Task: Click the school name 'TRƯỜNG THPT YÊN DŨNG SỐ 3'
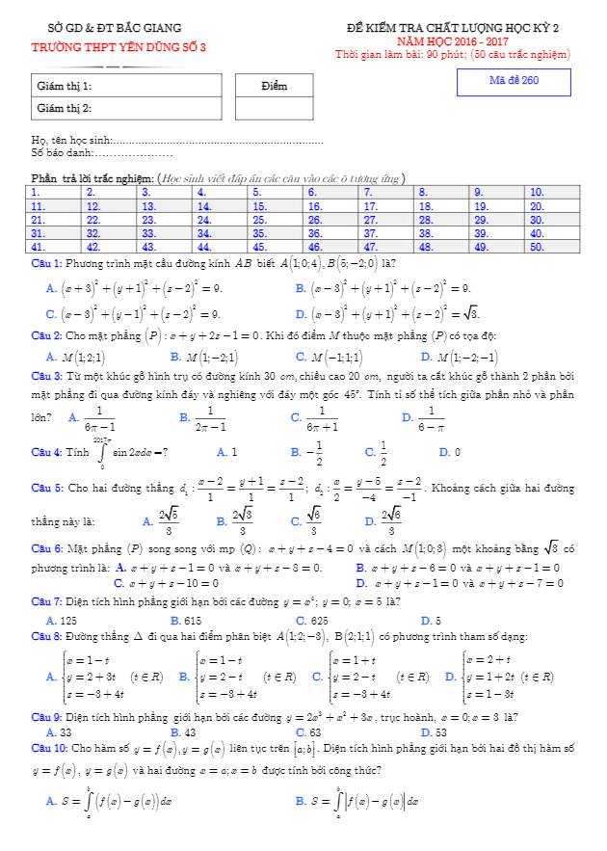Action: [x=119, y=47]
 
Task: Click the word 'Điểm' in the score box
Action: [x=275, y=86]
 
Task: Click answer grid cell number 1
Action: [x=55, y=193]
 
